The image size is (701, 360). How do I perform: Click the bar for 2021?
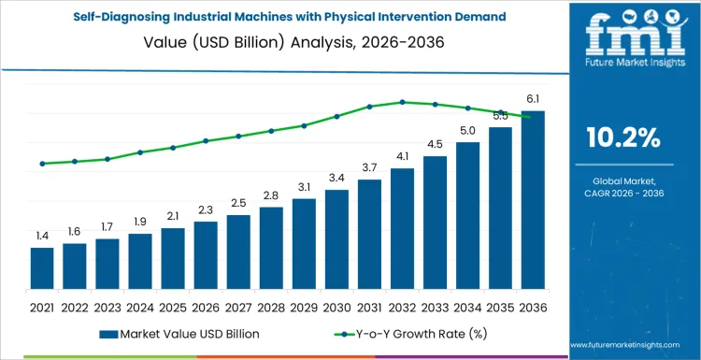tap(42, 267)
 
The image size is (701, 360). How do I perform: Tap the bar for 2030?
tap(336, 238)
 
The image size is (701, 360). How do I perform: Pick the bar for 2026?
tap(206, 254)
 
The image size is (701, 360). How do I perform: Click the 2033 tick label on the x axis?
tap(435, 306)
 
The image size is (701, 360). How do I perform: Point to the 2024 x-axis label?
tap(140, 306)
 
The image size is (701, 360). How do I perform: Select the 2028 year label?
tap(271, 306)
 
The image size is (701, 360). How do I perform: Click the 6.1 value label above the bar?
tap(533, 99)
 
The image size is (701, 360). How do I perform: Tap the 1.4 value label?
tap(42, 236)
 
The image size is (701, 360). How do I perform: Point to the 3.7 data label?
tap(369, 167)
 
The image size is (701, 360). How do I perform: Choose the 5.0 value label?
tap(467, 130)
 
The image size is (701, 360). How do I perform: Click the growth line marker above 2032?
tap(402, 102)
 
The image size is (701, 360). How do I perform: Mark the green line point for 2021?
tap(42, 164)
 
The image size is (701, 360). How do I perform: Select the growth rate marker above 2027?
tap(238, 137)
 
